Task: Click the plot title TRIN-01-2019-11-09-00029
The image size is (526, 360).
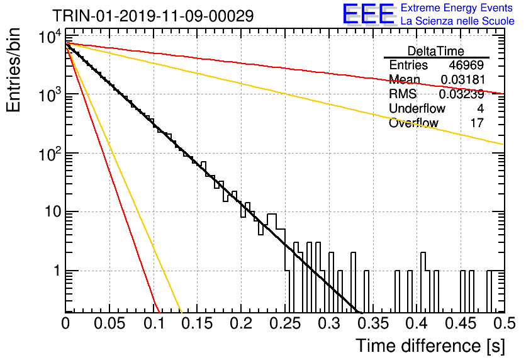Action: (x=153, y=16)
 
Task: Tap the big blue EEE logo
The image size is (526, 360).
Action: (x=368, y=14)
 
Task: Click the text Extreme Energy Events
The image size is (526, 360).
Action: (x=457, y=8)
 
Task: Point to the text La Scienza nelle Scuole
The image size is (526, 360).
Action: (x=457, y=21)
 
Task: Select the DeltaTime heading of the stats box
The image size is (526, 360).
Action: (x=436, y=51)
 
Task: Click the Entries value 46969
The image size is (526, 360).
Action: (x=466, y=65)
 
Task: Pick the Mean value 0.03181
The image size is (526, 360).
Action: (x=462, y=79)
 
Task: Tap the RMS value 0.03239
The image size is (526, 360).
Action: (x=462, y=94)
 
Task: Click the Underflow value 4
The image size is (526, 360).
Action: (x=480, y=108)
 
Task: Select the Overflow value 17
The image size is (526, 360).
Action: (x=477, y=123)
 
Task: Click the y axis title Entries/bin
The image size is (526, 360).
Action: (x=13, y=70)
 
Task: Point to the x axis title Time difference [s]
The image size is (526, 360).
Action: (x=430, y=346)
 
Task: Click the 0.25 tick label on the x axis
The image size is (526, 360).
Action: (x=285, y=323)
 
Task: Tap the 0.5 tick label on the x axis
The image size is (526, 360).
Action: (x=505, y=323)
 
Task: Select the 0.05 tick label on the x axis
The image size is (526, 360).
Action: (x=109, y=323)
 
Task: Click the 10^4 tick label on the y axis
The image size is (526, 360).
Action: (x=50, y=37)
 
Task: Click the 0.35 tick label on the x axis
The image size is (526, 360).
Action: (x=373, y=323)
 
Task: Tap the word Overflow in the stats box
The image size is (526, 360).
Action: (x=413, y=123)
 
